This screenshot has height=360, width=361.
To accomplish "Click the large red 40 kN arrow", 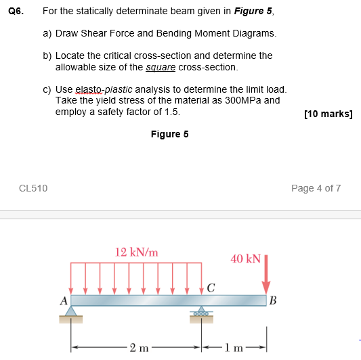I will (266, 274).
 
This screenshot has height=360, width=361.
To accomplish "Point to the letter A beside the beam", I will (64, 301).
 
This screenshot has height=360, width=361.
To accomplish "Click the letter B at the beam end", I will (273, 302).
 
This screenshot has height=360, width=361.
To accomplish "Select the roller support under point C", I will (201, 312).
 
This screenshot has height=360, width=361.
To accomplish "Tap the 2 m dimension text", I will (137, 348).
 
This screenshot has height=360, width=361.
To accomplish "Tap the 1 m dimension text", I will (234, 348).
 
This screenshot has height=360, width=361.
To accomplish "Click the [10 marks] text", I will (328, 114).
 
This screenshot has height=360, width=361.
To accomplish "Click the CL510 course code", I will (34, 188).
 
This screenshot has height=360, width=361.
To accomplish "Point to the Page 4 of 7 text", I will (316, 188).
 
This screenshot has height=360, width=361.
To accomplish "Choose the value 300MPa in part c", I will (241, 100).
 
